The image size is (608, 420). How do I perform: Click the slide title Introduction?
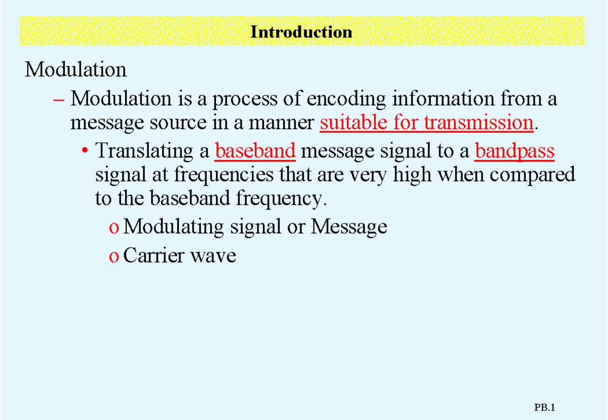tap(301, 32)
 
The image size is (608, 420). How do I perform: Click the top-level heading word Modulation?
tap(75, 69)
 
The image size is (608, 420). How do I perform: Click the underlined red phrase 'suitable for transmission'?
tap(427, 123)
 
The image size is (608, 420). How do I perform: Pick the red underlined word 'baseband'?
tap(255, 151)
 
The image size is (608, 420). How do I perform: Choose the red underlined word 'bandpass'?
tap(515, 151)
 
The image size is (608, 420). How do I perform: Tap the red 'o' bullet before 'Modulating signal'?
tap(113, 227)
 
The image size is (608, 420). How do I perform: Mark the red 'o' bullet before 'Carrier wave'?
tap(113, 256)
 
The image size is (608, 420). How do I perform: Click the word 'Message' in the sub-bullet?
tap(349, 227)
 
